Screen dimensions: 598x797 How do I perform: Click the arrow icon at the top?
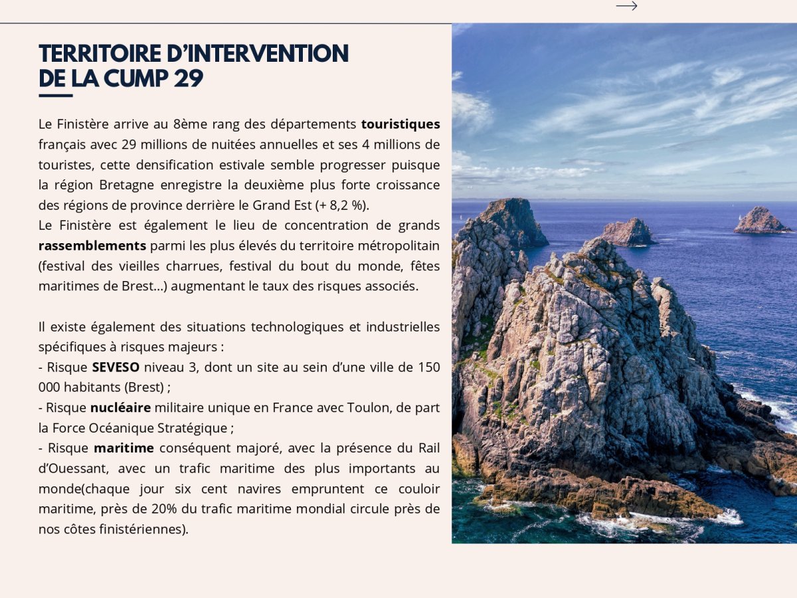coord(626,6)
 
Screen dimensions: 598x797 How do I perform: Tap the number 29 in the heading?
coord(188,78)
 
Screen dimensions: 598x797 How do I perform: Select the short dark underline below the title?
coord(55,96)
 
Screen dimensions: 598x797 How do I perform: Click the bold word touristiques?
coord(400,124)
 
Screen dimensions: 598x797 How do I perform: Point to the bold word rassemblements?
coord(92,246)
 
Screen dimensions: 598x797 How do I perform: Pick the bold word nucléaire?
coord(120,407)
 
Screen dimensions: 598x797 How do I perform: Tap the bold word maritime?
coord(124,448)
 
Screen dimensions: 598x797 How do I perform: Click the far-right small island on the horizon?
coord(760,221)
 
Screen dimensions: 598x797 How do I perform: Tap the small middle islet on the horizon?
coord(628,233)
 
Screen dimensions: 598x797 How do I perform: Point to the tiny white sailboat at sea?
coord(739,217)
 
